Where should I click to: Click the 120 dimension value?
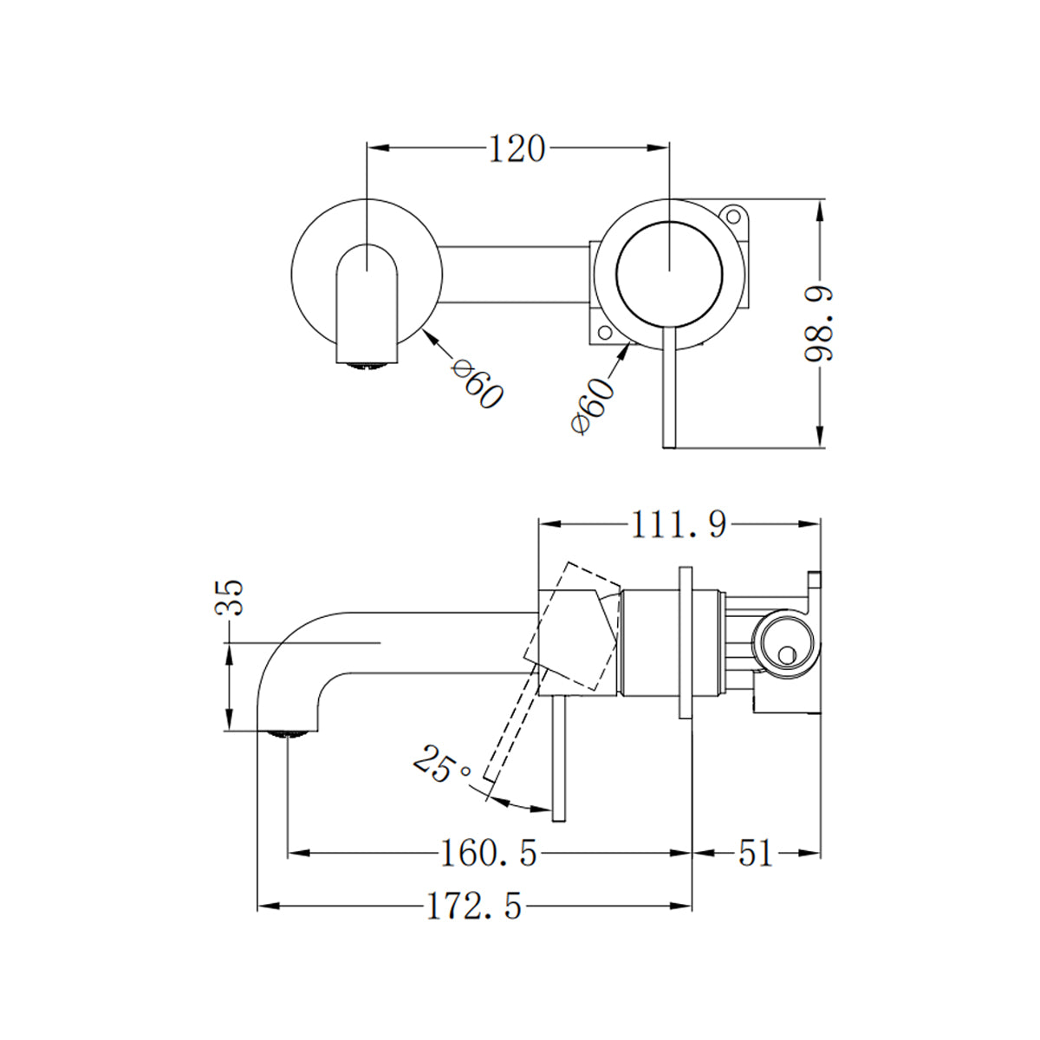click(x=517, y=149)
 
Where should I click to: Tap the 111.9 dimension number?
click(x=678, y=524)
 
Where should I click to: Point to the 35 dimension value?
click(x=231, y=597)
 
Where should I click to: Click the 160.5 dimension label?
click(x=489, y=855)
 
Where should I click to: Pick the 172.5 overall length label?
click(x=474, y=907)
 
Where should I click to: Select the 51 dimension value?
click(x=755, y=854)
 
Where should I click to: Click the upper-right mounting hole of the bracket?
click(x=733, y=214)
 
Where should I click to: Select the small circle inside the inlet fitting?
click(x=787, y=656)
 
